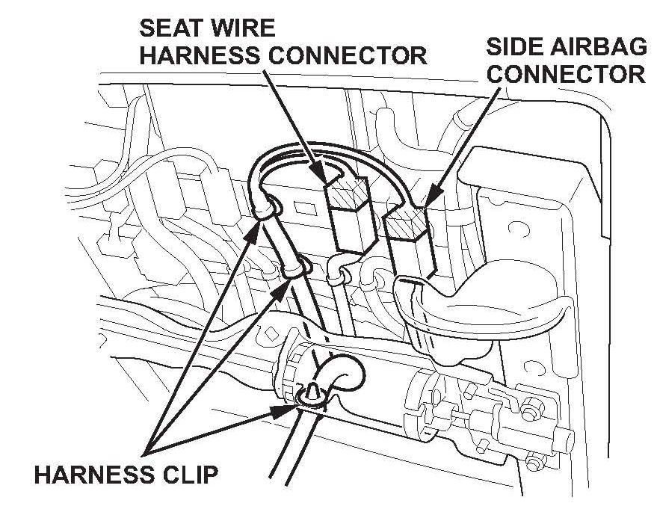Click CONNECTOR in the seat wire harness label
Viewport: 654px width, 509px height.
pos(351,55)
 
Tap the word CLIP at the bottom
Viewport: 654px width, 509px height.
pos(188,474)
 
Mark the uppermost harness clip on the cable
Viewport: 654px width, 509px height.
pos(268,206)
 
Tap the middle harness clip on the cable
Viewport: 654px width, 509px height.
pos(299,265)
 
